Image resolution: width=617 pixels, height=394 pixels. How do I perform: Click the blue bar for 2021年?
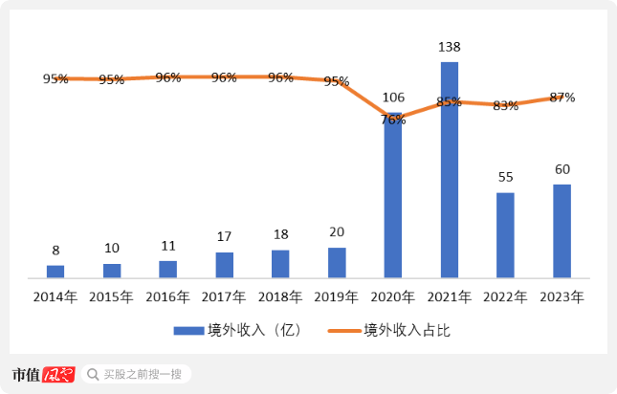pos(449,170)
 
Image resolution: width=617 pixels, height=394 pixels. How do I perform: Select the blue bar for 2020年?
pos(392,196)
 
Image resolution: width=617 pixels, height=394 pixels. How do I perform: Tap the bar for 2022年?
pos(505,235)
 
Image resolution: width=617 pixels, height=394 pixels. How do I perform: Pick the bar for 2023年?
pos(562,230)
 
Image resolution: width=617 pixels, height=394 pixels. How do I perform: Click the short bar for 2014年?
pos(55,272)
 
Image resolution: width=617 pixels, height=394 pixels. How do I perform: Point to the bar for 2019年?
pos(337,263)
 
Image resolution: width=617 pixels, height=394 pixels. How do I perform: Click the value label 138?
pos(449,46)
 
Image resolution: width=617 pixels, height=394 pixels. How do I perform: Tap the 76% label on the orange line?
pos(393,120)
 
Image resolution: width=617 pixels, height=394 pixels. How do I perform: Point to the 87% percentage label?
pos(562,98)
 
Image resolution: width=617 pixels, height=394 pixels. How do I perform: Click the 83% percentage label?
pos(505,106)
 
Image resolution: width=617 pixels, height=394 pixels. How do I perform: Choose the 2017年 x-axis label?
pos(224,297)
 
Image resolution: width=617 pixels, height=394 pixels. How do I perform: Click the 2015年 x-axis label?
pos(111,297)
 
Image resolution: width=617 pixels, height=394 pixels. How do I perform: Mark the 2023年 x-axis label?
pos(562,297)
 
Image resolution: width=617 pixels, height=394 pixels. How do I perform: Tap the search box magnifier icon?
pos(92,374)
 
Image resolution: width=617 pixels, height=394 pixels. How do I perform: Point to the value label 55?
pos(505,178)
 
